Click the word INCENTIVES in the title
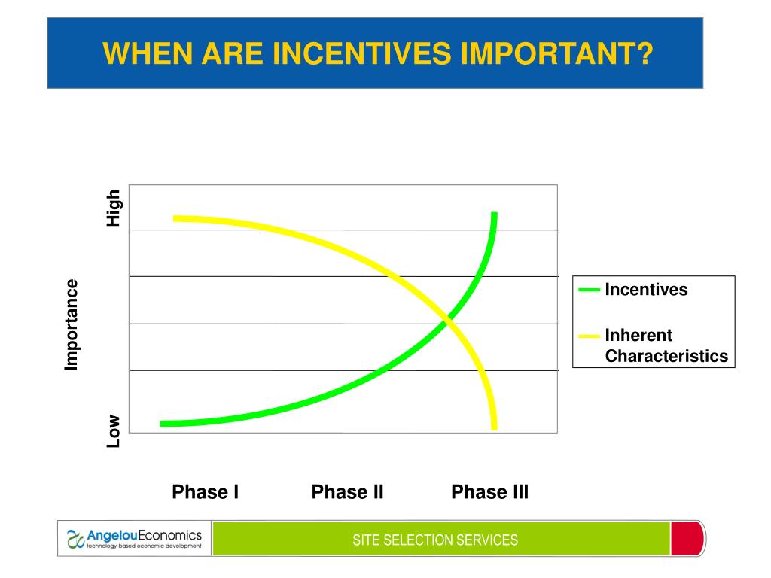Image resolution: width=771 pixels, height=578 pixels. click(361, 53)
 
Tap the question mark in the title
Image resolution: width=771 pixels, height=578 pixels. click(645, 53)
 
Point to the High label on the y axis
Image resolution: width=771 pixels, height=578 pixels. click(114, 208)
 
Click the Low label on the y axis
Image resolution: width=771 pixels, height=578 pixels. click(114, 431)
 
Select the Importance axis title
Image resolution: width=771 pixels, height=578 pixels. click(72, 325)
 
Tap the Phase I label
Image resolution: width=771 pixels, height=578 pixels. click(205, 491)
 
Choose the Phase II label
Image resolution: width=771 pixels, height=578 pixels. click(347, 491)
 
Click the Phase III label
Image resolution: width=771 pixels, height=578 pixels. click(489, 491)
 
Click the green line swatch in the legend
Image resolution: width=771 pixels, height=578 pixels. click(589, 290)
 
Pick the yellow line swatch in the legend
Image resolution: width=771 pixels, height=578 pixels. click(589, 336)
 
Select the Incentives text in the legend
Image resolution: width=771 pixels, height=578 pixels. click(646, 290)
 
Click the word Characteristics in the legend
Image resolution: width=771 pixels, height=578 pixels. click(666, 356)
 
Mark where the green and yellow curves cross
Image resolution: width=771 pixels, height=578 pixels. click(447, 322)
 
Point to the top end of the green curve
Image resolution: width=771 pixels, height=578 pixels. click(494, 213)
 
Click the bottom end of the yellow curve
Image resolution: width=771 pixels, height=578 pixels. click(494, 430)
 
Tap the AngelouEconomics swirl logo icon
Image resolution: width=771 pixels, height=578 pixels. click(75, 539)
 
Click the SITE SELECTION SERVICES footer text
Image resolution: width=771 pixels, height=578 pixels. click(435, 540)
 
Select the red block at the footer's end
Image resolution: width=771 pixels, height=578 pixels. click(687, 539)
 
